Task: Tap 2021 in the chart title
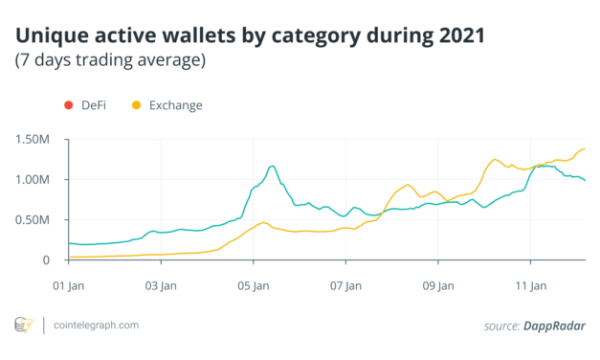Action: [457, 36]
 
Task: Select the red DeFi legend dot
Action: [67, 104]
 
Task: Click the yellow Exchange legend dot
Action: [135, 104]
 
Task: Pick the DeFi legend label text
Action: [93, 104]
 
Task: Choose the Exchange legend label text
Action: [175, 104]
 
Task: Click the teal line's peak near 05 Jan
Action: [273, 166]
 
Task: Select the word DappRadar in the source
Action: [555, 326]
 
